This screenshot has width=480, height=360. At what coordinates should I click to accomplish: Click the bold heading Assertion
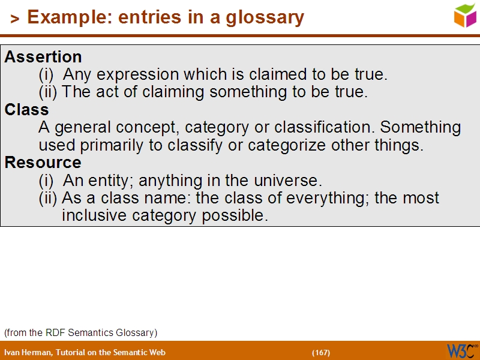[x=43, y=57]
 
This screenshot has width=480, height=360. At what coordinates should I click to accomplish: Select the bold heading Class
[x=27, y=110]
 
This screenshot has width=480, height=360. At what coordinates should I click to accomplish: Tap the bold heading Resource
[x=43, y=163]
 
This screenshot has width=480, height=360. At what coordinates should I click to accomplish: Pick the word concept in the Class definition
[x=152, y=128]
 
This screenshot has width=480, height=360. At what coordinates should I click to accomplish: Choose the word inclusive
[x=95, y=215]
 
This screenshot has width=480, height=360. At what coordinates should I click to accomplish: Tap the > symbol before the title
[x=15, y=19]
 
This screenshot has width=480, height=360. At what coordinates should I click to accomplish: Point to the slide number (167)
[x=321, y=352]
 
